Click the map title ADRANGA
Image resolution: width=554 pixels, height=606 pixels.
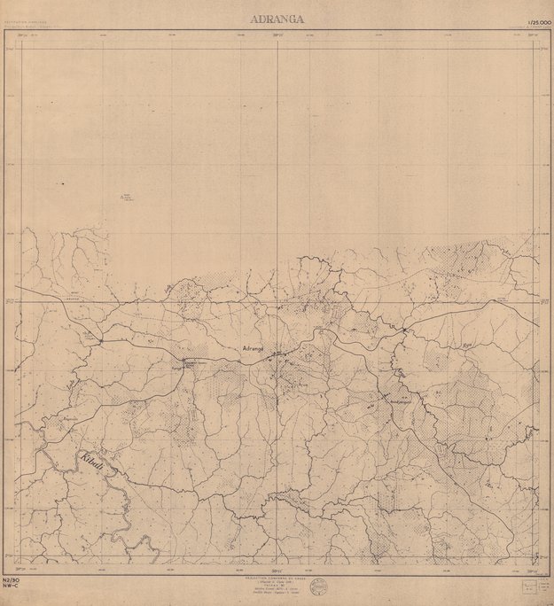pyautogui.click(x=277, y=17)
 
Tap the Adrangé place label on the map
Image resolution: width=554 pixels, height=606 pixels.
pyautogui.click(x=254, y=349)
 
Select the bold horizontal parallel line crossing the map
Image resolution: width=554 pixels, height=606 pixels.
pyautogui.click(x=266, y=301)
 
